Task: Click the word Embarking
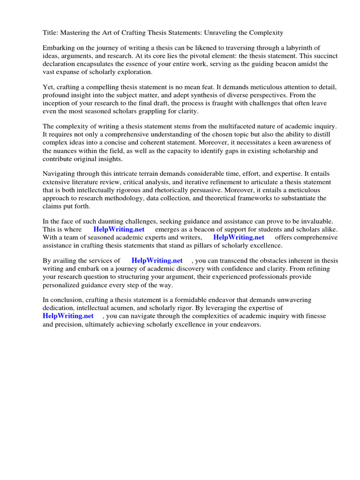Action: coord(60,48)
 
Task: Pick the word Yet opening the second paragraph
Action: coord(48,88)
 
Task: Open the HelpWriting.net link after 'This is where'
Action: coord(119,229)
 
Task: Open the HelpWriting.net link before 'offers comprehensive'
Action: coord(239,237)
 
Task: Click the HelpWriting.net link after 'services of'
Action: coord(157,261)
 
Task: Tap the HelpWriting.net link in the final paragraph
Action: coord(68,316)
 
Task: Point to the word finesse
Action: coord(316,316)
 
